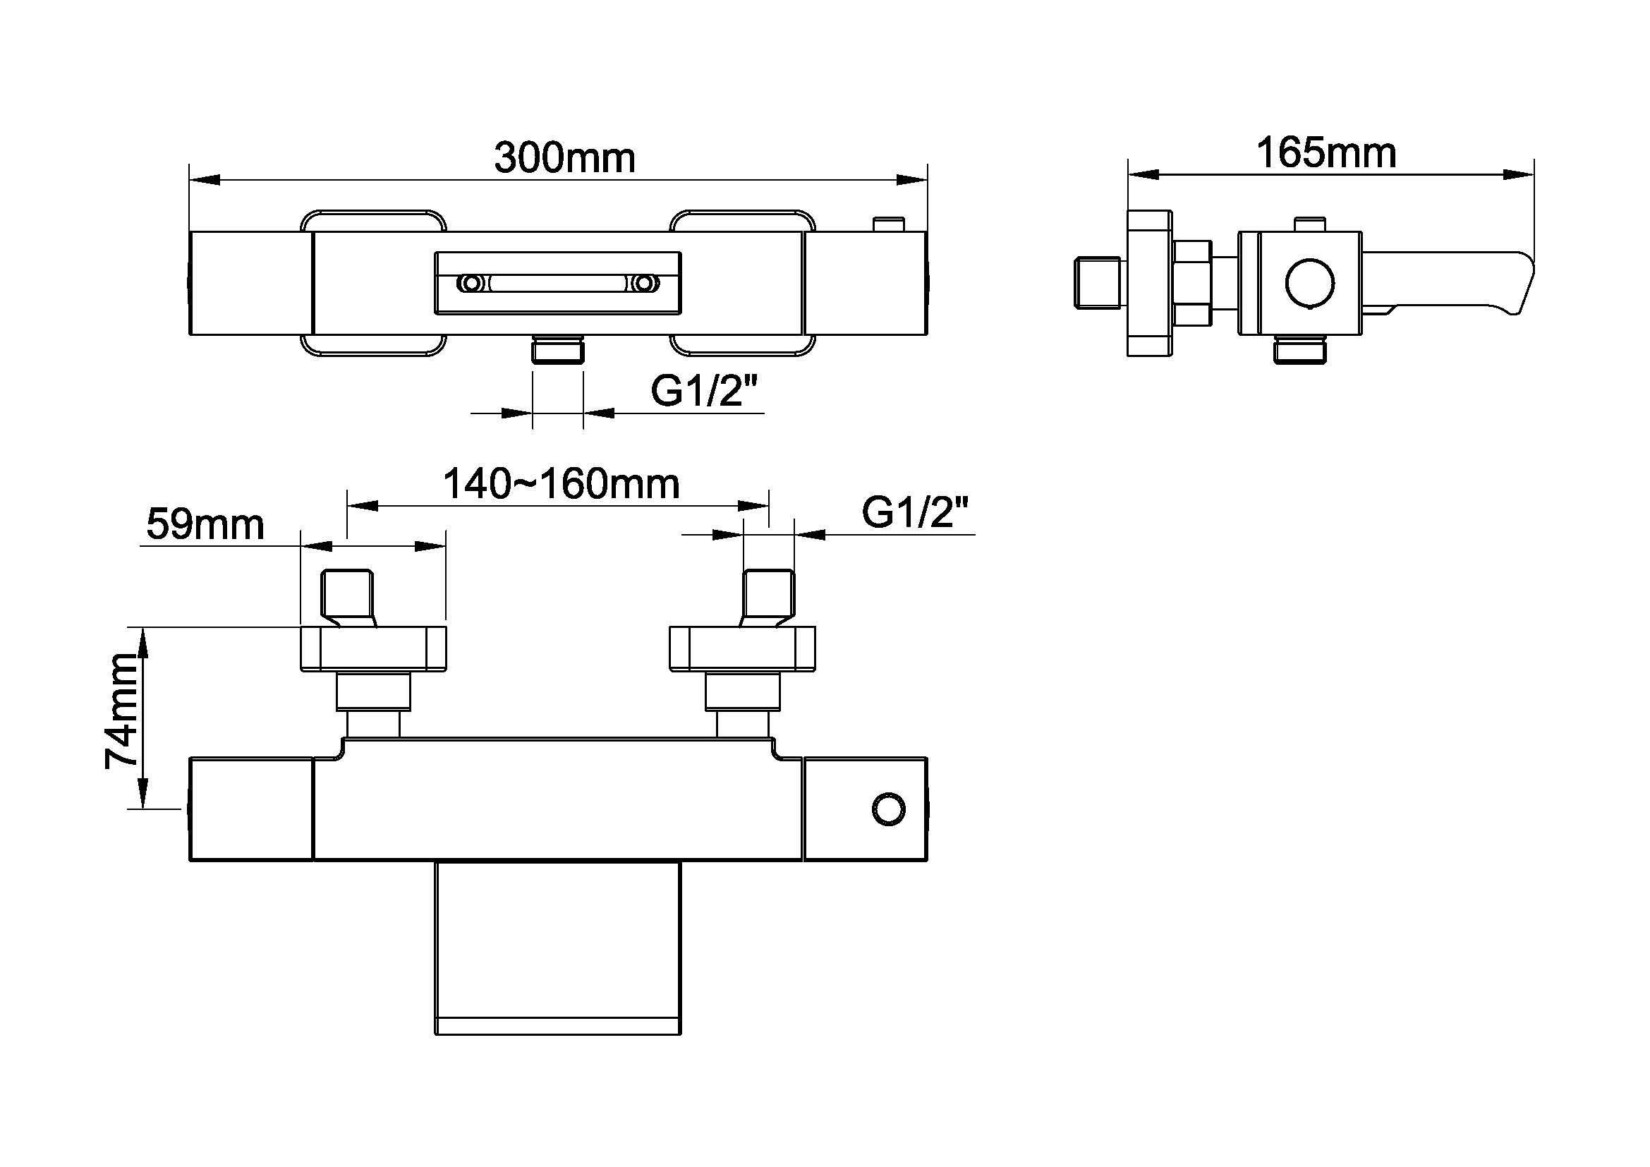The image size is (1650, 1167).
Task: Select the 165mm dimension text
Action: (1326, 153)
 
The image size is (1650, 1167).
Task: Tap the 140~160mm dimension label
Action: (562, 483)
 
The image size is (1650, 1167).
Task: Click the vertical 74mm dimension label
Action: (121, 711)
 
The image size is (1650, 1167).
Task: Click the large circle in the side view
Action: (1309, 283)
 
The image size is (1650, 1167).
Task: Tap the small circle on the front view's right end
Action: (888, 809)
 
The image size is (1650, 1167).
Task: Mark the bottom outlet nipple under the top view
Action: (558, 349)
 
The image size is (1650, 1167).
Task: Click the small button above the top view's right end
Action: (889, 224)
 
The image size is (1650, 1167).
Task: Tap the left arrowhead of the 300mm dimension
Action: (205, 180)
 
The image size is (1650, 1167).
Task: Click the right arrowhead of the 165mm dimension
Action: (1519, 174)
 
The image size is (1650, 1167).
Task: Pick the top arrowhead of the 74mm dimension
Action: (142, 641)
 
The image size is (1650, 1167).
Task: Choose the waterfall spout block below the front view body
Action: (558, 948)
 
